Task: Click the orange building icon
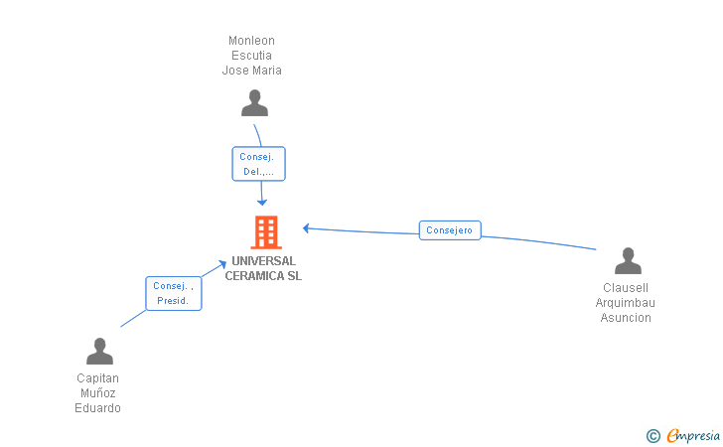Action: [x=265, y=232]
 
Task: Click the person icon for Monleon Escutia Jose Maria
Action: [x=254, y=103]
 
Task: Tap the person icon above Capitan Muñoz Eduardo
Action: [x=99, y=352]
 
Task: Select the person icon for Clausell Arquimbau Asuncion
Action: [x=628, y=261]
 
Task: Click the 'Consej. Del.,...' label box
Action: [x=259, y=164]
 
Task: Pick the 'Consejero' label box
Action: [x=450, y=230]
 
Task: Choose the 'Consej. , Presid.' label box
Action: [x=174, y=293]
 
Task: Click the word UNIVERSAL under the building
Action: [x=263, y=261]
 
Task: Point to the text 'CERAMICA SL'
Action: [x=263, y=276]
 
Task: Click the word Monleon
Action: [x=251, y=41]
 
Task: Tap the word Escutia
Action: [x=251, y=56]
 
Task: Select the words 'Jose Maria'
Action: [x=251, y=71]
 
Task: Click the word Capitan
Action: [x=97, y=378]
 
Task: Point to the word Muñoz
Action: [x=97, y=393]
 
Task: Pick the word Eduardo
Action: [x=97, y=408]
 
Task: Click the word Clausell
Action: [x=626, y=288]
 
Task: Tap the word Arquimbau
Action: [x=626, y=303]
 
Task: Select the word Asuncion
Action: [x=626, y=318]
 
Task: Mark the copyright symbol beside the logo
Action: [x=653, y=435]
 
